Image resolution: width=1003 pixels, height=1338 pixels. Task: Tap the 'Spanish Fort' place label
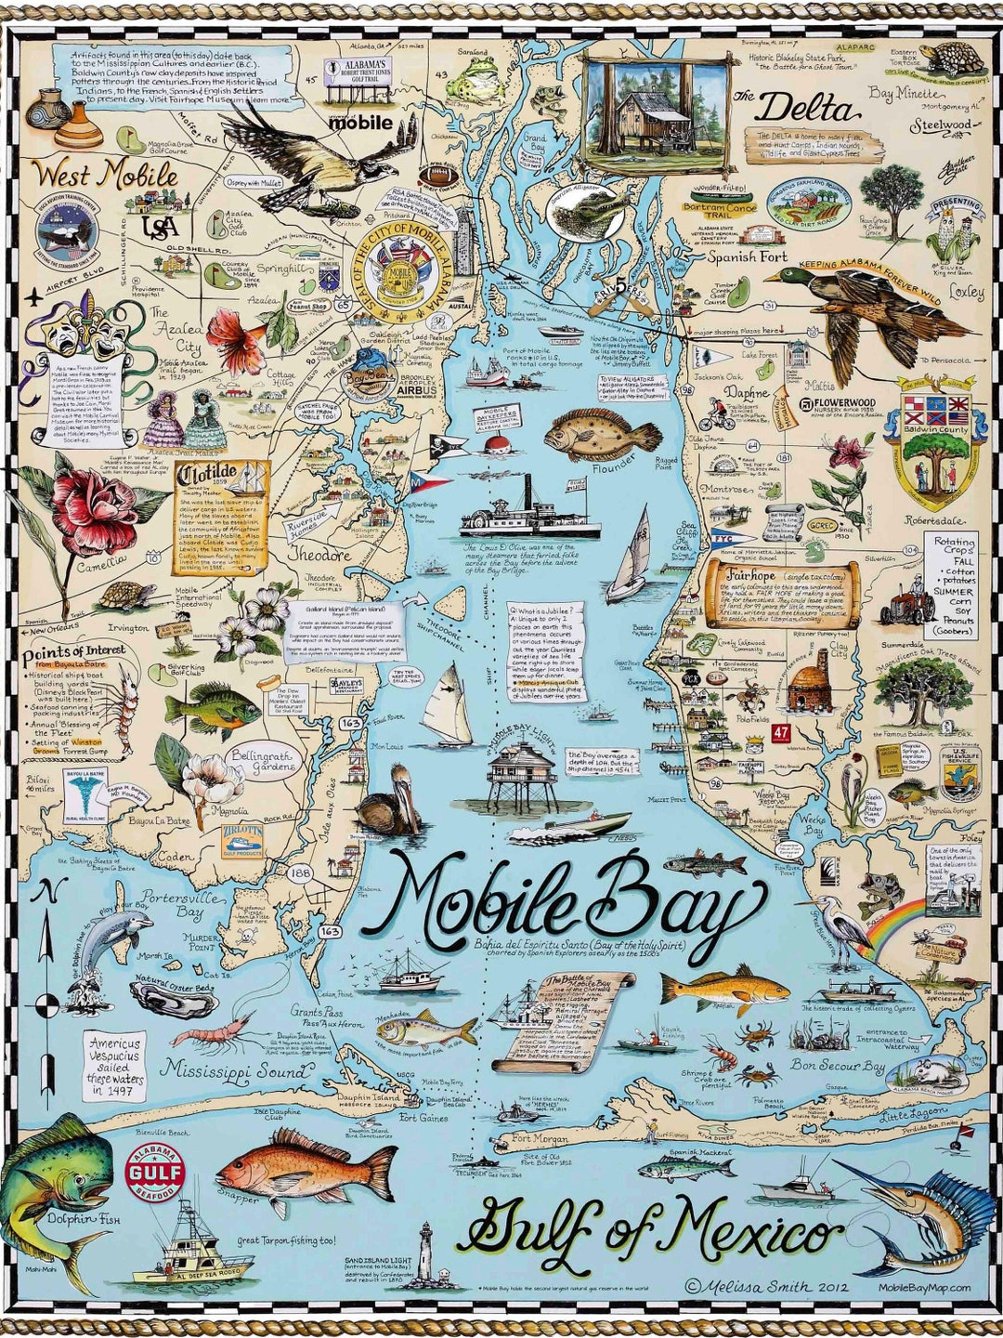point(748,256)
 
